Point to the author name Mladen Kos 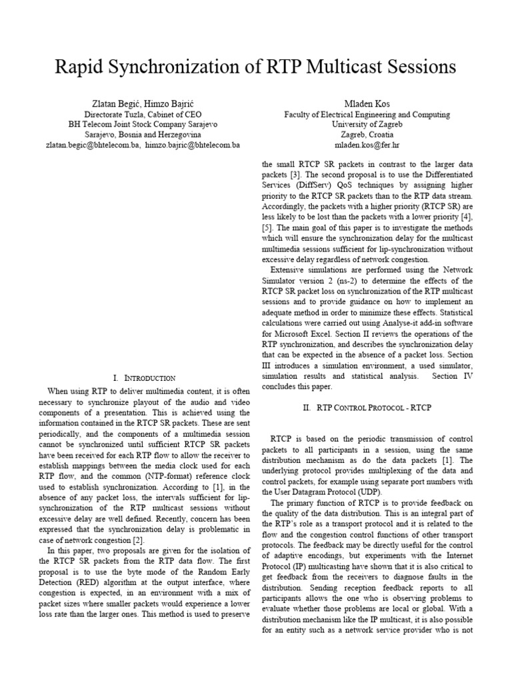366,104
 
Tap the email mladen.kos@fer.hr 367,145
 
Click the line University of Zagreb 367,124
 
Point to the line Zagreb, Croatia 367,134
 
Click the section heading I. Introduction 145,378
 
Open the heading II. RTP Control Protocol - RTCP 366,408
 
